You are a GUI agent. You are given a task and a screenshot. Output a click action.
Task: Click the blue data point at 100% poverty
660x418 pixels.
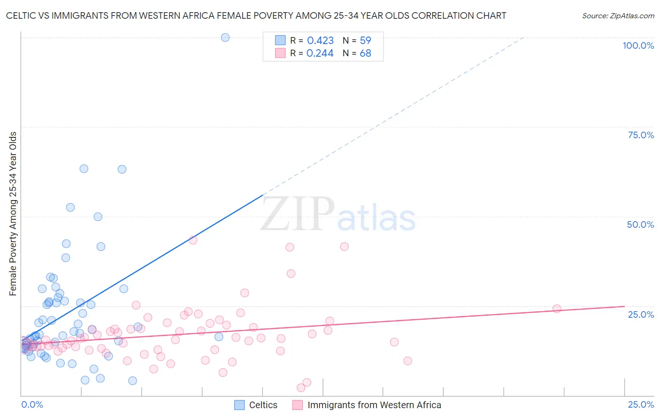[225, 37]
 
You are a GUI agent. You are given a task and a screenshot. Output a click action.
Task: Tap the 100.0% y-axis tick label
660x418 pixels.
[638, 45]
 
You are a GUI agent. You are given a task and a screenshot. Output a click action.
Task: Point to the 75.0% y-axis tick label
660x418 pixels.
[641, 135]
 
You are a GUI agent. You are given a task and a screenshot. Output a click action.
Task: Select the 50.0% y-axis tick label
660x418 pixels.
[640, 224]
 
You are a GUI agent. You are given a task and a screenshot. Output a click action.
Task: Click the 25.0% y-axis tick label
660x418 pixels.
[641, 314]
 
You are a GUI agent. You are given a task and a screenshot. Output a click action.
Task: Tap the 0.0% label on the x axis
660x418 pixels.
[32, 404]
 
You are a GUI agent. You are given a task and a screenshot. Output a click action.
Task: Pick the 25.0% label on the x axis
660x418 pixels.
[641, 404]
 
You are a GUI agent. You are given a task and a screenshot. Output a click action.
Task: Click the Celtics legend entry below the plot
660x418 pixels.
[263, 405]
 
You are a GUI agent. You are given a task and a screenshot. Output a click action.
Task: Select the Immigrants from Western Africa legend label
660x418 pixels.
[374, 405]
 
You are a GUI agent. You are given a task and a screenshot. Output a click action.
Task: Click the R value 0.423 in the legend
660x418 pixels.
[320, 41]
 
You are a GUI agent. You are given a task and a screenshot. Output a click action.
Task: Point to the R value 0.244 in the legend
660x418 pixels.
[320, 53]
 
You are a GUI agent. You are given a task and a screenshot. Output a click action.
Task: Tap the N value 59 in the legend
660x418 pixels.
[365, 41]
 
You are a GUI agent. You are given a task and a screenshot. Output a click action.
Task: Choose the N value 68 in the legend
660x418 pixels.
[365, 53]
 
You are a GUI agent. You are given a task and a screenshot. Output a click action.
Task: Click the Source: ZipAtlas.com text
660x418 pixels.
[618, 16]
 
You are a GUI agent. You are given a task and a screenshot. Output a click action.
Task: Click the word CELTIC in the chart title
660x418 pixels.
[22, 16]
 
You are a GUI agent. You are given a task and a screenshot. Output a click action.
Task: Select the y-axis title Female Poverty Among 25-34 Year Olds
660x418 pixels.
[13, 214]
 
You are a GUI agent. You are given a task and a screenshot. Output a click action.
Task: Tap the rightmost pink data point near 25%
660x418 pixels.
[557, 308]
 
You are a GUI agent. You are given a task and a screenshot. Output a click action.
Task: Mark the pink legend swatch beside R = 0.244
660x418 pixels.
[280, 53]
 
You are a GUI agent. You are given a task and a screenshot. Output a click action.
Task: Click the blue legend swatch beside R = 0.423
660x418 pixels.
[280, 40]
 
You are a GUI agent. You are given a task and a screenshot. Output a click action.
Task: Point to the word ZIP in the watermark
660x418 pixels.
[298, 214]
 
